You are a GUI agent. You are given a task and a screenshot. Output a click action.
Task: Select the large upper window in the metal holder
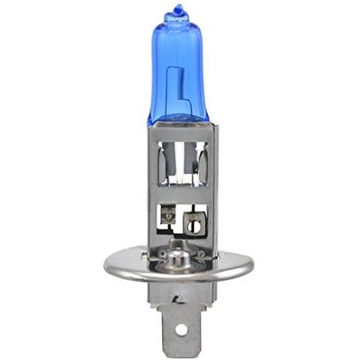[181, 162]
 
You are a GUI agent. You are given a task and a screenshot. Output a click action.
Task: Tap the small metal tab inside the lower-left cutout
[167, 216]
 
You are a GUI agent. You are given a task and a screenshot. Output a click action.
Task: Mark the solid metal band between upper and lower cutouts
[181, 196]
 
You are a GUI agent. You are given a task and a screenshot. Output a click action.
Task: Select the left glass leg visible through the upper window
[168, 162]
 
